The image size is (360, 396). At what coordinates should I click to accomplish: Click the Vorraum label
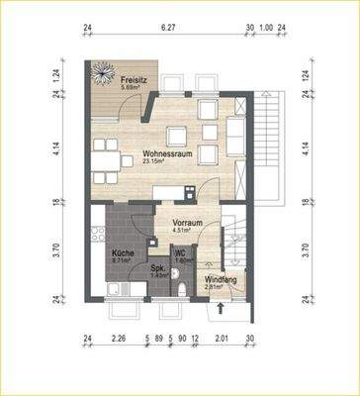187,224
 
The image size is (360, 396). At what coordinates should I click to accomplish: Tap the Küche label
122,253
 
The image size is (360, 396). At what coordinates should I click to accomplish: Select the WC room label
180,254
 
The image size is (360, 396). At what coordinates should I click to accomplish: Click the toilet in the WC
187,287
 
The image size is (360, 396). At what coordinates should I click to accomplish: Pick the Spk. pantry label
157,267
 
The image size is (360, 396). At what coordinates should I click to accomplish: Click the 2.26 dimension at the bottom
118,340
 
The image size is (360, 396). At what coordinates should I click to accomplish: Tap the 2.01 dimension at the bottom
223,340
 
